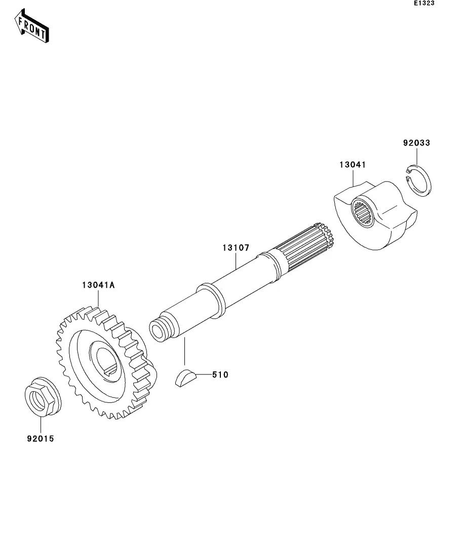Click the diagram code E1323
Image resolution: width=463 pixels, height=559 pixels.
[424, 4]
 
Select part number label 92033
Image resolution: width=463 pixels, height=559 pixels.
[416, 143]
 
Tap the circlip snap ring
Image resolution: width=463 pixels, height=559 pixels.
[419, 181]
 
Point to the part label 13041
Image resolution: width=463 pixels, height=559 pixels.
[353, 165]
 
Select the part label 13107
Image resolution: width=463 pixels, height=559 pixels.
[236, 248]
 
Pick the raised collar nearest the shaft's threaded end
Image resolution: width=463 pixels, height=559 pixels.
[211, 300]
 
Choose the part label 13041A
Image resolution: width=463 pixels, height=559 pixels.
[98, 285]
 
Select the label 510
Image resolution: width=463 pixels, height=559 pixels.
[220, 375]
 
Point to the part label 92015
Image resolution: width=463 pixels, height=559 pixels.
[40, 439]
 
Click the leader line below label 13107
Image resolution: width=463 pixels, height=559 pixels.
[236, 261]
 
